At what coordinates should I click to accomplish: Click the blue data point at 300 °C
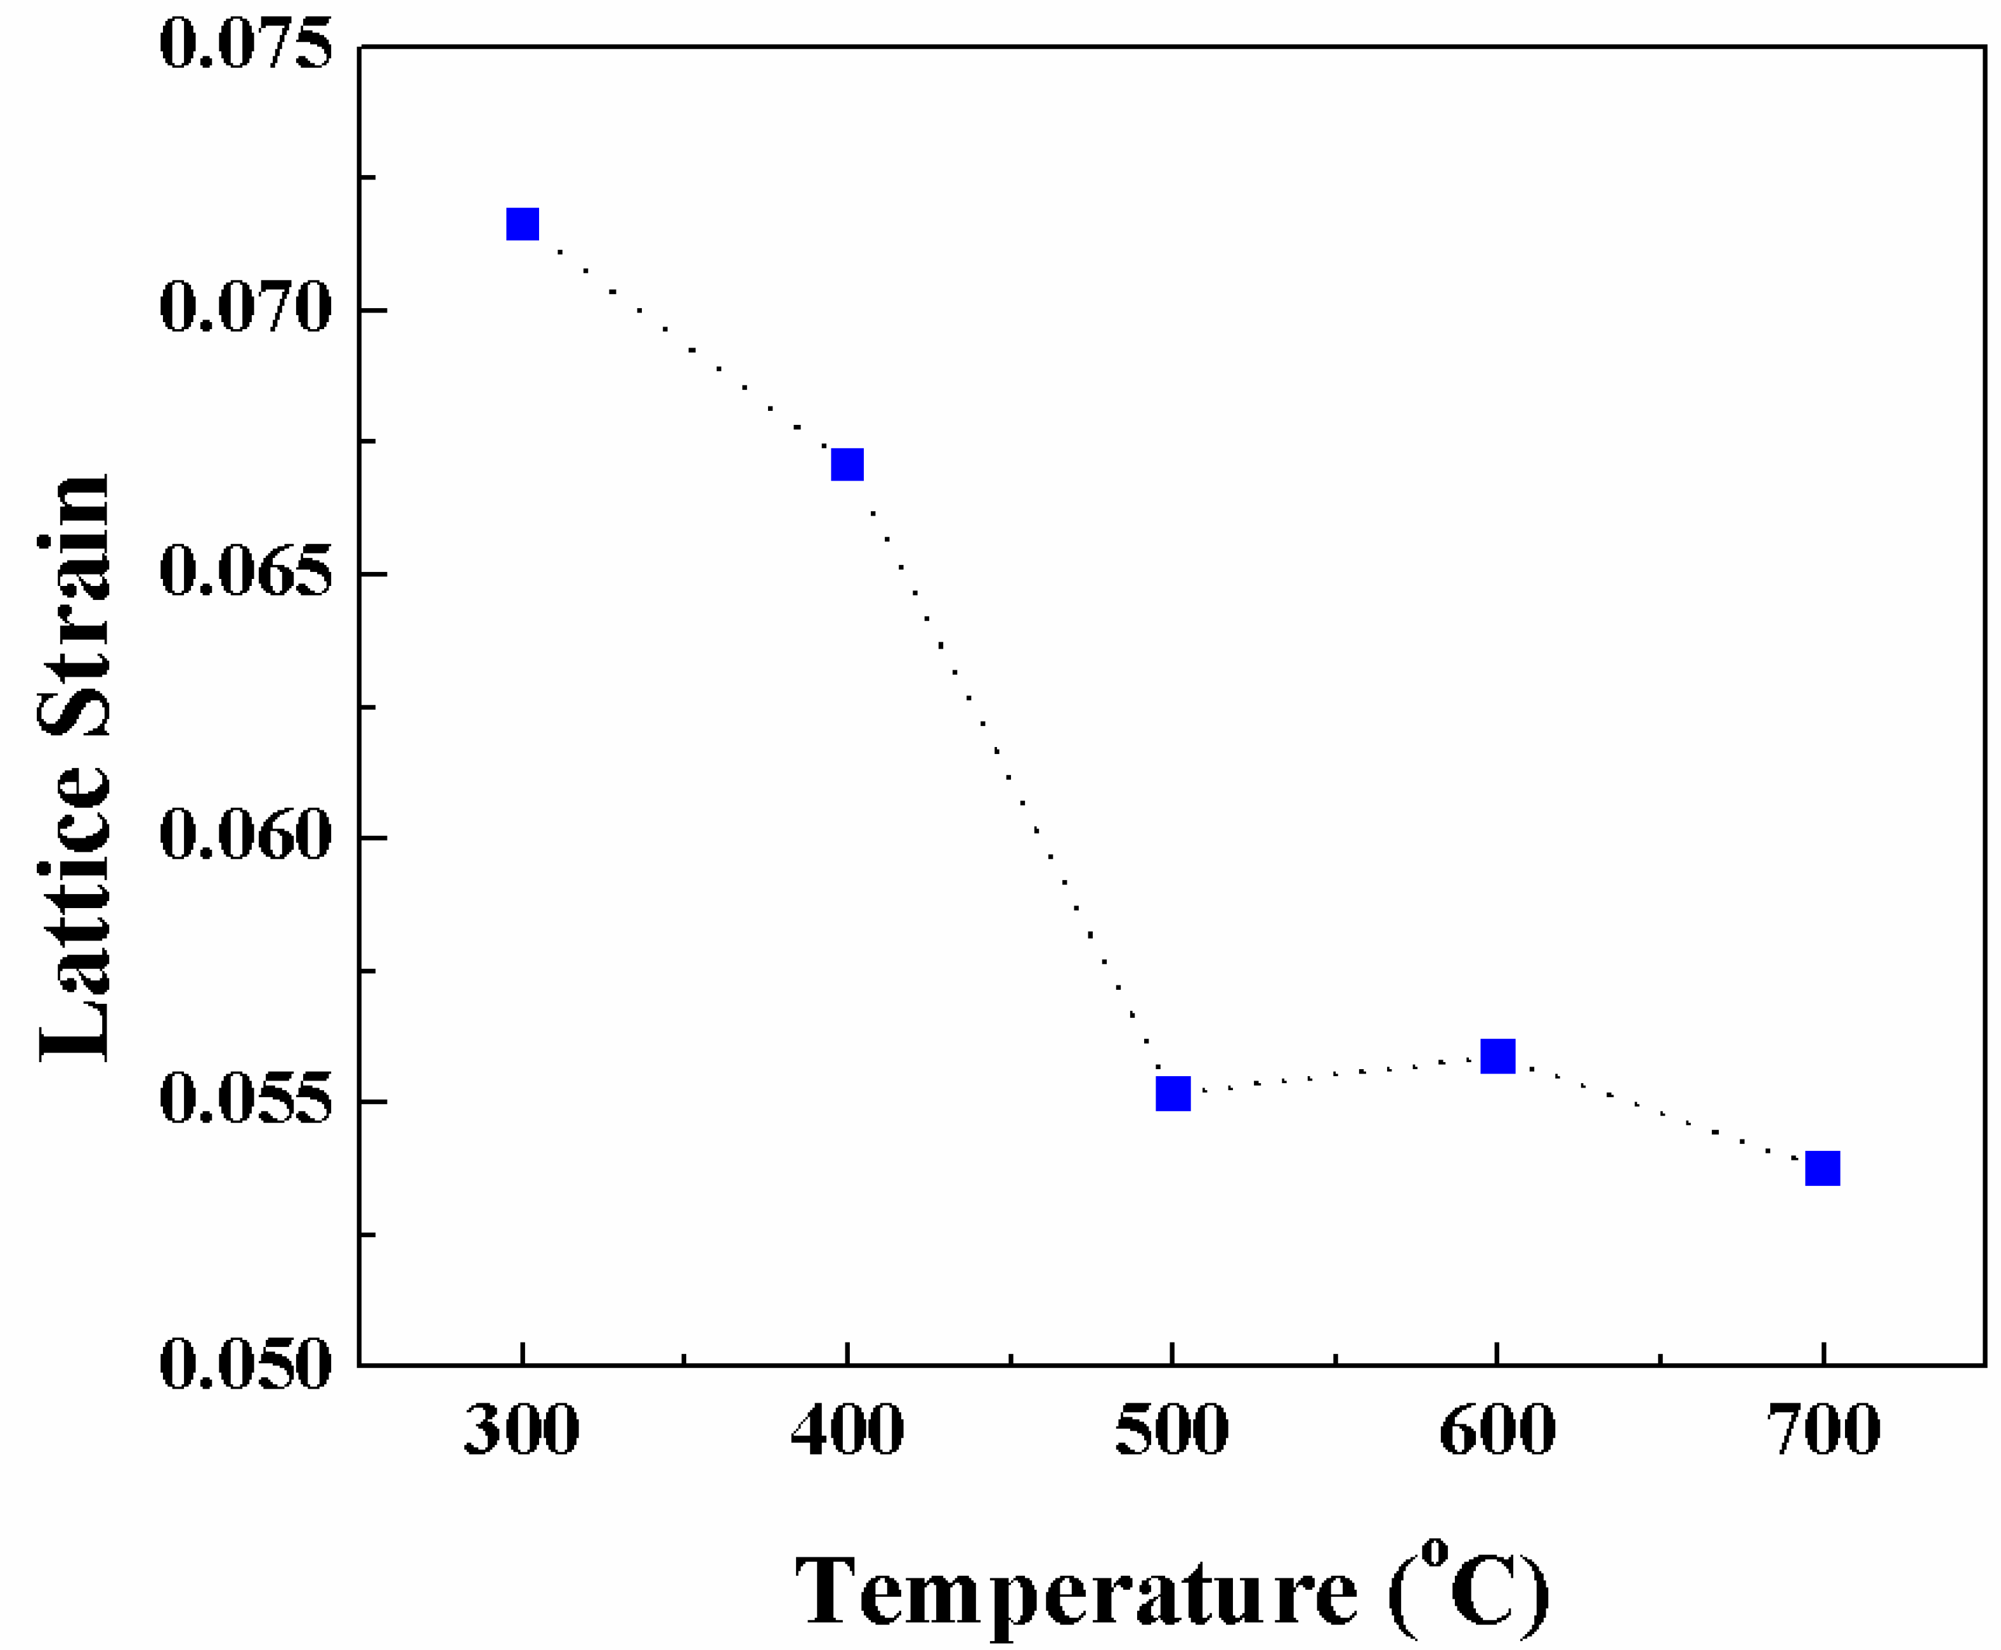pos(522,224)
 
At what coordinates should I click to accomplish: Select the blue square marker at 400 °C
pos(847,465)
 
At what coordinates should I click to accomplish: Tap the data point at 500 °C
pos(1173,1094)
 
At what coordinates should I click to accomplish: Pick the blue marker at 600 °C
pos(1497,1056)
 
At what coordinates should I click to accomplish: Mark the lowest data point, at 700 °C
pos(1822,1168)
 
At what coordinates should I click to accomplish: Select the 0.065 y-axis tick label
pos(246,573)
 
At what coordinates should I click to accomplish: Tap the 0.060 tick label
pos(246,836)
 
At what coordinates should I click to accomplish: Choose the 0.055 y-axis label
pos(246,1101)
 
